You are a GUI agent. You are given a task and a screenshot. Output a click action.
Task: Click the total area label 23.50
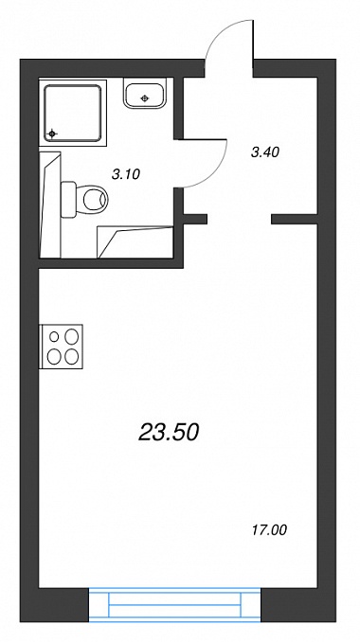coord(170,433)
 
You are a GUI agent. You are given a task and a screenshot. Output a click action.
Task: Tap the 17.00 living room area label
coord(268,530)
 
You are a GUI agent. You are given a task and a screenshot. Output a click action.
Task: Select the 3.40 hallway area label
coord(264,152)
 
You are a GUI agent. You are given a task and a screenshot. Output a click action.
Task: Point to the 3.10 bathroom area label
coord(126,174)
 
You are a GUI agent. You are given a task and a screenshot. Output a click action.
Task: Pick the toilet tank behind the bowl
coord(68,199)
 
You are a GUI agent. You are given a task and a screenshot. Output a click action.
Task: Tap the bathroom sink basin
coord(145,95)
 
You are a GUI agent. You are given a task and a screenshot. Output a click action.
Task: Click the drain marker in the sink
coord(144,98)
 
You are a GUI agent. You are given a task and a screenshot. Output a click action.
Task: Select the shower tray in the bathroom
coord(73,113)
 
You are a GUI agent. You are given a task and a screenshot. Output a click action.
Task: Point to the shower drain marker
coord(52,134)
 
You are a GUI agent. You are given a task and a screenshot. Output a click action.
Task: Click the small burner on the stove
coord(54,336)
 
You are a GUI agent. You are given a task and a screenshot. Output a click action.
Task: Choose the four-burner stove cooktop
coord(61,347)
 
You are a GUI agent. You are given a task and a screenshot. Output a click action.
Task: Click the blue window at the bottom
coord(175,605)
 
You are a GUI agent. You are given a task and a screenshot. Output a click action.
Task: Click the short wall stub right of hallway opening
coord(294,219)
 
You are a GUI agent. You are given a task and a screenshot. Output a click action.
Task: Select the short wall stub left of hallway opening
coord(195,219)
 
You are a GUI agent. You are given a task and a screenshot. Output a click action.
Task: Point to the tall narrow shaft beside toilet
coord(50,205)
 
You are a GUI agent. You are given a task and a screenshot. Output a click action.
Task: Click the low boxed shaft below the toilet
coord(135,242)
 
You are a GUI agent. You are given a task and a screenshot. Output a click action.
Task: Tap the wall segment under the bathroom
coord(111,263)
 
